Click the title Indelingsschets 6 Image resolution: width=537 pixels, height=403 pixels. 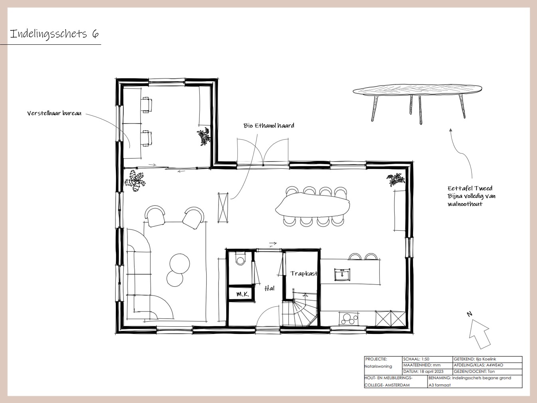pos(54,34)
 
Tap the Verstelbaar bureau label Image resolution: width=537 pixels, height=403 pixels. pos(54,113)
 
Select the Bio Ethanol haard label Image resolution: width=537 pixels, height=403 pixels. pos(268,126)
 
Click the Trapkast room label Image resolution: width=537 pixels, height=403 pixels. pos(304,273)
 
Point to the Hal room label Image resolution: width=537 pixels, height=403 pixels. pos(269,288)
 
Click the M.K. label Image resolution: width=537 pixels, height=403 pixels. pos(243,294)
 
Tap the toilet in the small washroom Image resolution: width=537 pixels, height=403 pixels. pos(240,259)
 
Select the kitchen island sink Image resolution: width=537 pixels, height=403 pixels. pos(342,274)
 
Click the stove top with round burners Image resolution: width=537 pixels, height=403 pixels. pos(349,319)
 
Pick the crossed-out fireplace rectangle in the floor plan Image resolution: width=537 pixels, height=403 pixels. pos(223,207)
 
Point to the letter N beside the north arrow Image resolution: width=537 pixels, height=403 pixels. pos(469,314)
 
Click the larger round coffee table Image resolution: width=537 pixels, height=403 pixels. pos(179,263)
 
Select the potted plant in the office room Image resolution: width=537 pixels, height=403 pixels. pos(203,136)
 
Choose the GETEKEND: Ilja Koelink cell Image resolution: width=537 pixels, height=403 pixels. pos(487,359)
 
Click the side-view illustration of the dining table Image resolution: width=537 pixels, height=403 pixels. pos(418,103)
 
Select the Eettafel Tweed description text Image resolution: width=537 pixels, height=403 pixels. pos(471,196)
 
